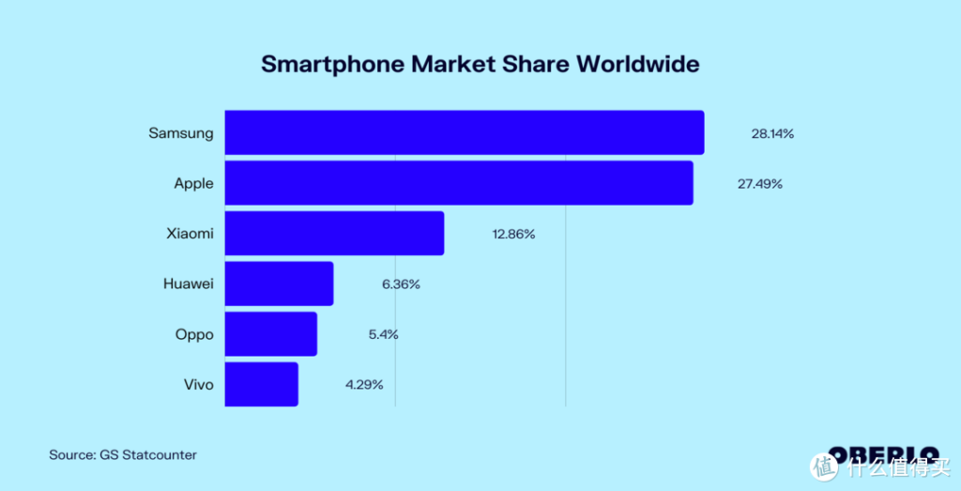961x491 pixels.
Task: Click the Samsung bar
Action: click(x=465, y=132)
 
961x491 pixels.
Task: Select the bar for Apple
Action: click(x=459, y=183)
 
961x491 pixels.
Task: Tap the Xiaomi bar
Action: click(x=334, y=233)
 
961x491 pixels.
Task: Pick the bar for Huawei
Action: click(x=279, y=284)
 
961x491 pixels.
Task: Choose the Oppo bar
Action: click(x=270, y=334)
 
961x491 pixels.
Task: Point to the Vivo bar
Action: click(x=261, y=384)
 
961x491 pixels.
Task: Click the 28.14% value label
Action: click(x=772, y=133)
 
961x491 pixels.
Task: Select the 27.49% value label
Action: click(x=760, y=184)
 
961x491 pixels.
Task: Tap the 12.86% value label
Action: click(x=513, y=234)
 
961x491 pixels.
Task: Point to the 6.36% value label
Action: click(x=401, y=284)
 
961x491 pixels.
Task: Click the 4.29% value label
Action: click(x=365, y=385)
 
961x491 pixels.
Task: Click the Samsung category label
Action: click(x=181, y=133)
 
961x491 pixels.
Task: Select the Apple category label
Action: click(x=193, y=184)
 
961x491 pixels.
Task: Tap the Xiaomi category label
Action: click(x=190, y=234)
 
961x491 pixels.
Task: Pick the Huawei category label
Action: click(x=188, y=284)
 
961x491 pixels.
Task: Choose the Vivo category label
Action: click(x=199, y=385)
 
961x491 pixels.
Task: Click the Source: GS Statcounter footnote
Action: click(x=123, y=455)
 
